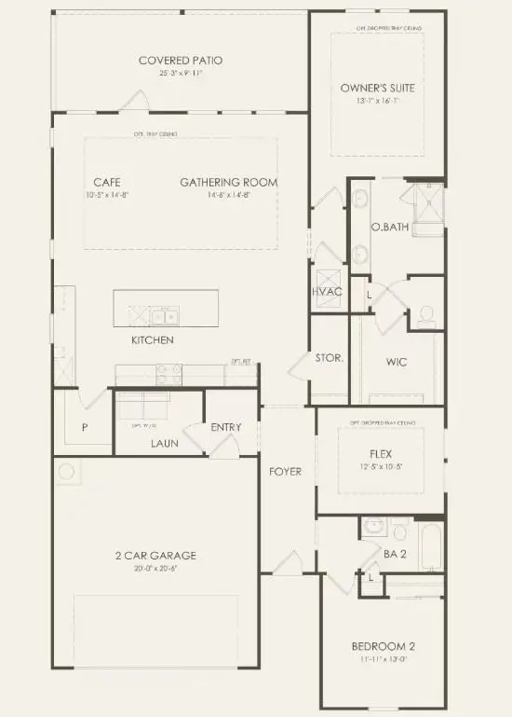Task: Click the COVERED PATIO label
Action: tap(181, 61)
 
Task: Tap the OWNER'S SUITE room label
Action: tap(377, 89)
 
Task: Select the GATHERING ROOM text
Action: tap(228, 182)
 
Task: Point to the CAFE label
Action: tap(107, 182)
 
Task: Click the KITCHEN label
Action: tap(152, 340)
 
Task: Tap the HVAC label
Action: tap(327, 292)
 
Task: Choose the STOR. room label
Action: tap(330, 358)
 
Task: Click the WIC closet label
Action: tap(397, 362)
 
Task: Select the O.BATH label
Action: tap(384, 227)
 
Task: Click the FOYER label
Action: tap(285, 472)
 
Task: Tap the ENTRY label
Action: tap(226, 428)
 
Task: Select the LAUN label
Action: tap(165, 443)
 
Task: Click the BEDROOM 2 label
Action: tap(382, 647)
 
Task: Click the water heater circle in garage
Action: tap(67, 472)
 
